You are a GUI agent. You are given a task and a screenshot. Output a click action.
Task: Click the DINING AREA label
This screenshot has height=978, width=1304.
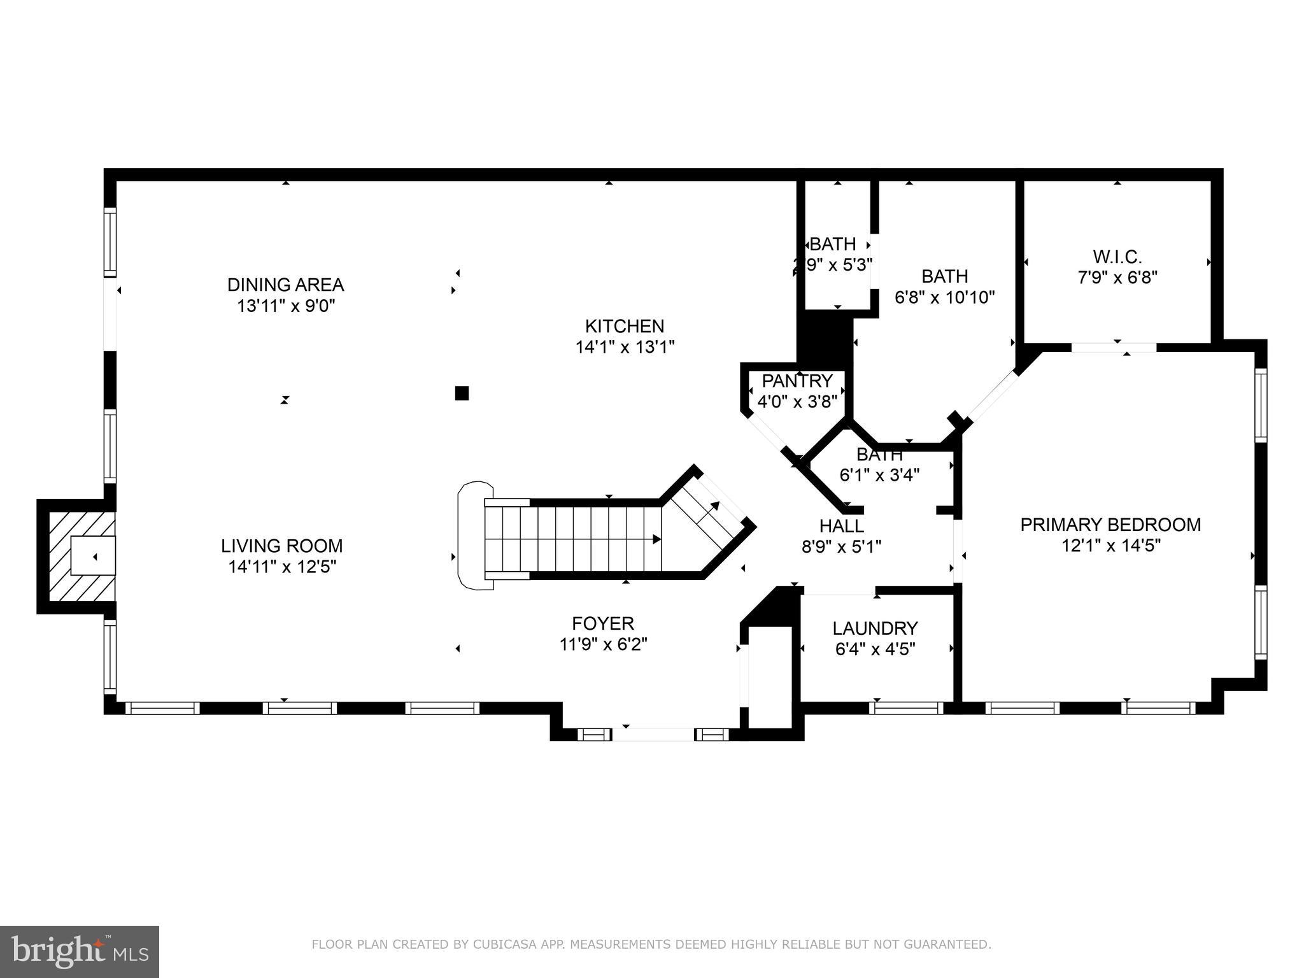click(285, 285)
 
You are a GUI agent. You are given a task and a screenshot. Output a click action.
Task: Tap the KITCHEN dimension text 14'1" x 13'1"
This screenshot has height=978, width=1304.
click(625, 348)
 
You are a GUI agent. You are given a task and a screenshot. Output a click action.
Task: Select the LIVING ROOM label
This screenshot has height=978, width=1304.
click(281, 546)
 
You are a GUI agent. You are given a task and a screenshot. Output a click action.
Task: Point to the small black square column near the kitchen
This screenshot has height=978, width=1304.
click(462, 393)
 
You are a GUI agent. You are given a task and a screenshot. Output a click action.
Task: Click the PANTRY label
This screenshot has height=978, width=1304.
click(797, 381)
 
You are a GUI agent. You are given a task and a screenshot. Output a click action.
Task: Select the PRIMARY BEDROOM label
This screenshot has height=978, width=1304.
click(1110, 525)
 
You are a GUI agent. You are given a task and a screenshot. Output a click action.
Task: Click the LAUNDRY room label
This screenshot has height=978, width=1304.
click(875, 628)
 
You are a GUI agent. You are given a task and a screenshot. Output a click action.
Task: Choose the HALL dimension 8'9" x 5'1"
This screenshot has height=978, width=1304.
click(841, 547)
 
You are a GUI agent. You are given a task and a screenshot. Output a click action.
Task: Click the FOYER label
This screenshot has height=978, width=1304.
click(602, 623)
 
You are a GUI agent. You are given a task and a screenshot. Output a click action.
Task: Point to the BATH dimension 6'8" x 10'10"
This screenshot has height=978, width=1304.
click(945, 297)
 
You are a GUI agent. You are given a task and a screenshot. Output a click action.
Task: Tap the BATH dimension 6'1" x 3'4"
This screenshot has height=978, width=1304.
click(879, 475)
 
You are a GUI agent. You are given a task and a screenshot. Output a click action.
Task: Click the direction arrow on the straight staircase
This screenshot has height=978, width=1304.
click(656, 539)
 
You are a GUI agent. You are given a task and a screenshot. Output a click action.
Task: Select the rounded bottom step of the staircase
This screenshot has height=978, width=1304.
click(474, 535)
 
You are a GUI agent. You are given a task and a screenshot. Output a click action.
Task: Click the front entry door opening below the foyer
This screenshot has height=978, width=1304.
click(653, 734)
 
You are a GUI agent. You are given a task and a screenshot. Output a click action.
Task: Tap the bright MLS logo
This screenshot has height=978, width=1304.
click(80, 951)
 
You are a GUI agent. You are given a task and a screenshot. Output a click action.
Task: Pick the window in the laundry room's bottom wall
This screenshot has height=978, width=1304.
click(905, 708)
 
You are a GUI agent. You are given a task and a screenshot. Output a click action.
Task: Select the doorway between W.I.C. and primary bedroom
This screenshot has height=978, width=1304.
click(1114, 348)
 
